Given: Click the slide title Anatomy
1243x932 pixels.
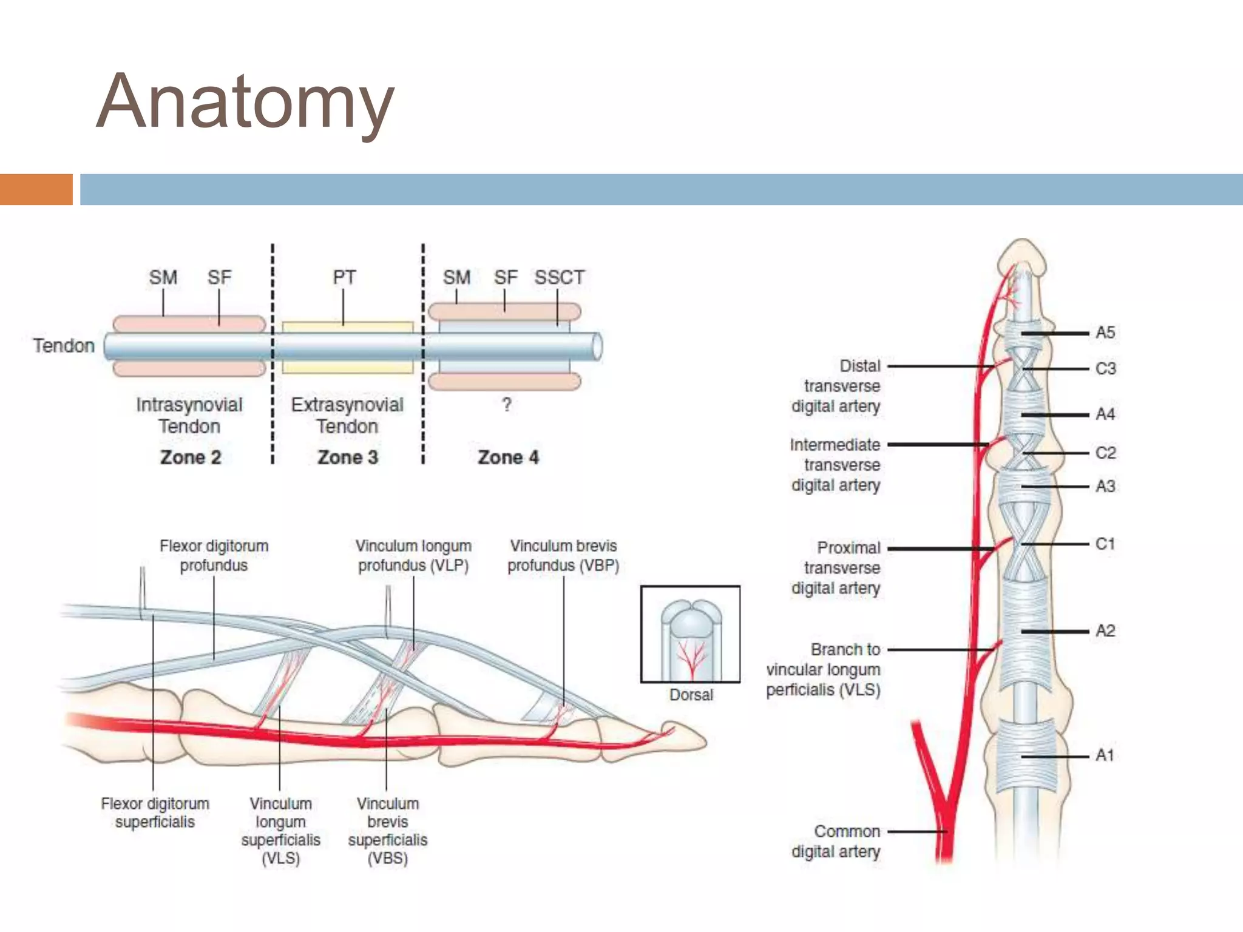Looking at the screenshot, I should (x=245, y=102).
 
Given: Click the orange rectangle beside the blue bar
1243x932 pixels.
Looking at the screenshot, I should (x=36, y=189).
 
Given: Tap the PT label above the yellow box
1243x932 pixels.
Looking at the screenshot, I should (x=344, y=277).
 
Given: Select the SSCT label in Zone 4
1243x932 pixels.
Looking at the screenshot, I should (x=559, y=277).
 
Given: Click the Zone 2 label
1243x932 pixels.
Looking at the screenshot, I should (x=190, y=457).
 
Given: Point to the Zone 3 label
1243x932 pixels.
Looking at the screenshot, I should (x=348, y=457).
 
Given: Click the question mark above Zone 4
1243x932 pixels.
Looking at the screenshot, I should (x=507, y=404).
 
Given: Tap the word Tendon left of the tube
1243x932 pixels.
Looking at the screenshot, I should (x=64, y=346).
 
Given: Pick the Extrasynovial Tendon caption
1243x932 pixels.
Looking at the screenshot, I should (x=347, y=415).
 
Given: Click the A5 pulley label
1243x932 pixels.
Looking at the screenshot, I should (x=1105, y=333).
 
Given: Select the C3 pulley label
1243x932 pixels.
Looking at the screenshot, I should (x=1105, y=368).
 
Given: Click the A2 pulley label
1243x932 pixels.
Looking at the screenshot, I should (x=1105, y=631).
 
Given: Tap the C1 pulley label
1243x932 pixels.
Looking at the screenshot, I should (x=1105, y=544).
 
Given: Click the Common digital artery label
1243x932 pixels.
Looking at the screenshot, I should (x=836, y=841).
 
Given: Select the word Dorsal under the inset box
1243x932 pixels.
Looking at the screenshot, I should (x=691, y=695).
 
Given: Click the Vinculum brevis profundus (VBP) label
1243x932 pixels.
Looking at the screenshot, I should (x=563, y=556).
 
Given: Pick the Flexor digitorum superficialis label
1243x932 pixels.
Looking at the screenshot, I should (x=155, y=812).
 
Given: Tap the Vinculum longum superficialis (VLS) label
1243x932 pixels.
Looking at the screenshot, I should (x=280, y=831).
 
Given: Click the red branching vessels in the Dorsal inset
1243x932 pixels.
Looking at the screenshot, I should (x=691, y=658).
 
